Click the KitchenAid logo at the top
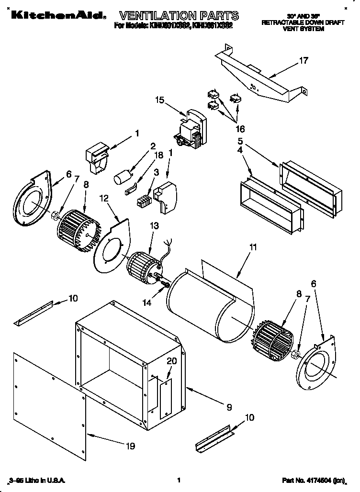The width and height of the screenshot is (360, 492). tap(55, 15)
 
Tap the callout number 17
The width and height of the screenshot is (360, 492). tap(304, 61)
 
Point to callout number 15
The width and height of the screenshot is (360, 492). tap(159, 100)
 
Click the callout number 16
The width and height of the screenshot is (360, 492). tap(240, 129)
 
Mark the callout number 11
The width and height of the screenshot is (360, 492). tap(253, 247)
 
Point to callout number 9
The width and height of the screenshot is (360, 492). tap(229, 407)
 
